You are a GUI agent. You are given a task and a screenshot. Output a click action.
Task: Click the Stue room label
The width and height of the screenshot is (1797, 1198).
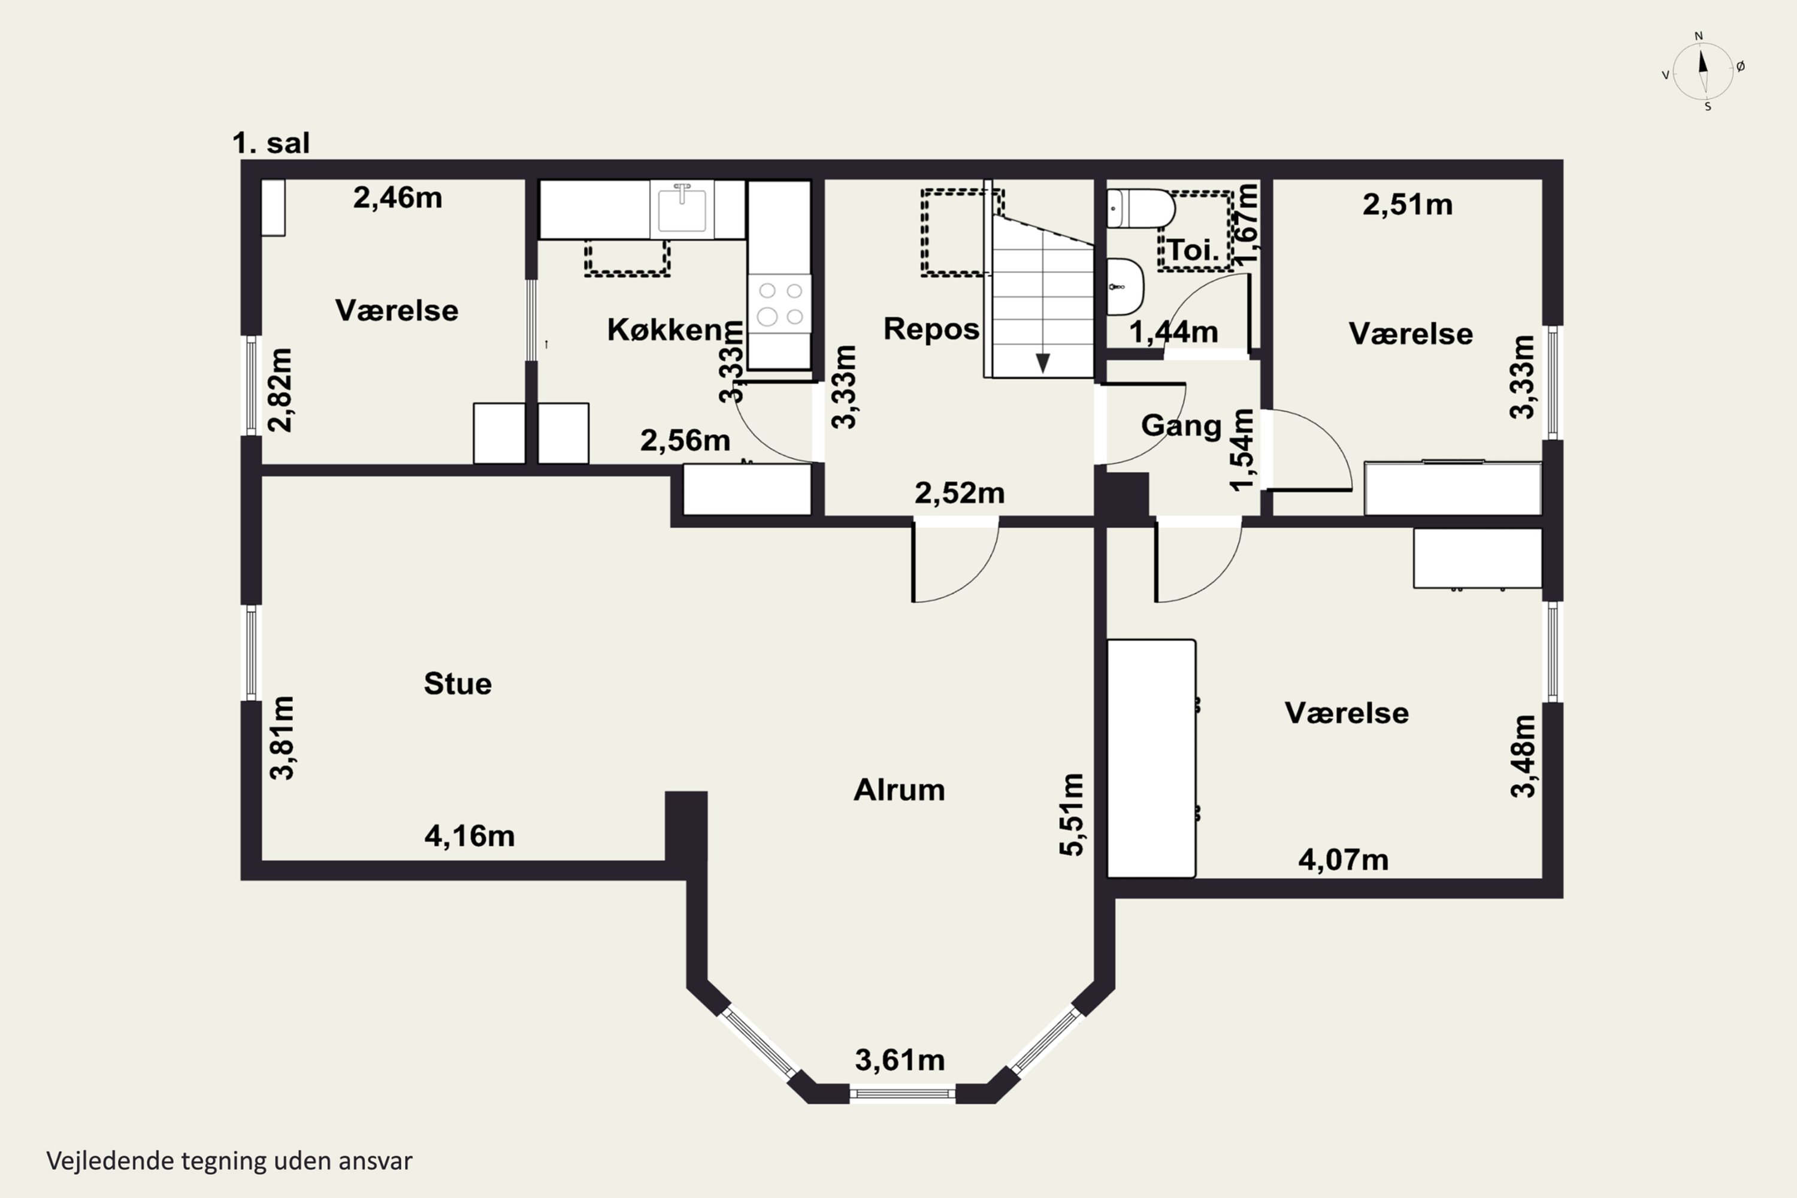tap(458, 683)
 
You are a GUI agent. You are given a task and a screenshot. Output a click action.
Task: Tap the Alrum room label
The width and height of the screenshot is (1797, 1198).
tap(899, 789)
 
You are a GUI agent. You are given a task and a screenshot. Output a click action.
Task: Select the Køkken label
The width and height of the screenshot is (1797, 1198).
tap(665, 329)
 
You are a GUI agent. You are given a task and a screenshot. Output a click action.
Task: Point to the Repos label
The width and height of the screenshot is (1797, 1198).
tap(931, 328)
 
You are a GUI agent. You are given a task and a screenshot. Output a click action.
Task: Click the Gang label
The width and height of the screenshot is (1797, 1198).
tap(1181, 425)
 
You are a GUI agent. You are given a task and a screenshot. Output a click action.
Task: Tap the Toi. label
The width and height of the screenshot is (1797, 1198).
tap(1193, 250)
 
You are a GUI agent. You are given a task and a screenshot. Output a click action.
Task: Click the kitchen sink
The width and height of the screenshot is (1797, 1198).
tap(682, 208)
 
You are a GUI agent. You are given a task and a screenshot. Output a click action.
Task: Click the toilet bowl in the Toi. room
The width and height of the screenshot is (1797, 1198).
tap(1140, 208)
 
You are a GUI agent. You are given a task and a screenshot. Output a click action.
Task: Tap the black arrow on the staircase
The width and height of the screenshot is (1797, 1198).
tap(1042, 363)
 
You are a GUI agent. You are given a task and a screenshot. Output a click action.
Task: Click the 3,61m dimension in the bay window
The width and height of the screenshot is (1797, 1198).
tap(900, 1060)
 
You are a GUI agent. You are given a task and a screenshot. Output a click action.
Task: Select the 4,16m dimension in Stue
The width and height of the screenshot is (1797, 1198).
tap(470, 836)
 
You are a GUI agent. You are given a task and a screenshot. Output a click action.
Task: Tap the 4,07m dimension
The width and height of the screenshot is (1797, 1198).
tap(1343, 860)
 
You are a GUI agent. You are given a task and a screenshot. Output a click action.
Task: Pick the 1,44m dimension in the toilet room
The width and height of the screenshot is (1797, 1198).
tap(1173, 332)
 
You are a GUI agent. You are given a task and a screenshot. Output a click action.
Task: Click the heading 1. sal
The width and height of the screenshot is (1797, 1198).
tap(271, 143)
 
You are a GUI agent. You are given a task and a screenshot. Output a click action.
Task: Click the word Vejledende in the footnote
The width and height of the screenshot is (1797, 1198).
tap(110, 1161)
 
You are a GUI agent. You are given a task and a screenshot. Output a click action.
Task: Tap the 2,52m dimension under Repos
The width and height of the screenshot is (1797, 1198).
tap(960, 493)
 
